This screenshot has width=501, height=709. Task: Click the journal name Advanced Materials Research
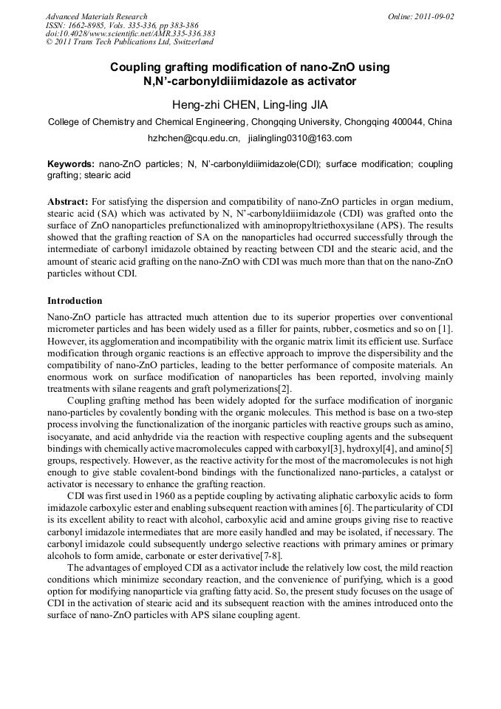click(96, 16)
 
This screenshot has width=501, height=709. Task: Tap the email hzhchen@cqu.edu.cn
click(194, 138)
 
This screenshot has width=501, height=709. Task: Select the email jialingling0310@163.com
click(300, 138)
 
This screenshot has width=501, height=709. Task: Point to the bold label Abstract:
click(68, 201)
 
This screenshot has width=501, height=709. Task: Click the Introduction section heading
click(75, 302)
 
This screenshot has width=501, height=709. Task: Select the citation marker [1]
click(446, 327)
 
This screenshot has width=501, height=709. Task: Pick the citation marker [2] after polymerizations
click(284, 389)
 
